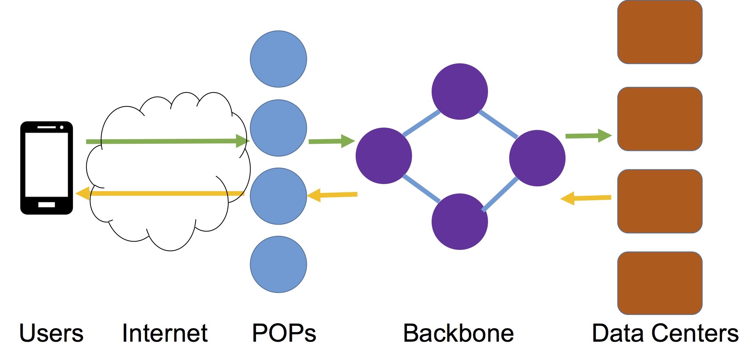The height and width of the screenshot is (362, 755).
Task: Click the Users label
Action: pos(51,333)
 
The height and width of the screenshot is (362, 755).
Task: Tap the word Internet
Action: pos(165,333)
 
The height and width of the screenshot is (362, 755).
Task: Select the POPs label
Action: pos(284,333)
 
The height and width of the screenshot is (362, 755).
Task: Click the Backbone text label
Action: pos(458,333)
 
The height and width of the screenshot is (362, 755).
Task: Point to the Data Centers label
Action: pos(665,333)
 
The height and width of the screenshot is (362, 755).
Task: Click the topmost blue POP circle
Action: pos(278,59)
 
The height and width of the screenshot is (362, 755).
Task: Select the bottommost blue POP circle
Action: pos(278,264)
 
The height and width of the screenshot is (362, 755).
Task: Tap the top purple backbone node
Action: pos(459,91)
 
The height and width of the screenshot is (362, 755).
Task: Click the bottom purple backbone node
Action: pos(459,222)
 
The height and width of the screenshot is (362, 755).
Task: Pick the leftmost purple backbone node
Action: pos(384,156)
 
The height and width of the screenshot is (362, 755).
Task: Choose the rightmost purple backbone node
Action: pos(537,158)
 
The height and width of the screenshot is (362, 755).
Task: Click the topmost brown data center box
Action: pos(660,32)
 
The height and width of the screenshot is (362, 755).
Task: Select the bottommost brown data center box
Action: pos(660,283)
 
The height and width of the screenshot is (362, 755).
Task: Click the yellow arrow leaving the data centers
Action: pos(587,198)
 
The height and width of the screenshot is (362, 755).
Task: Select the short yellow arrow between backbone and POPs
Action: pos(332,195)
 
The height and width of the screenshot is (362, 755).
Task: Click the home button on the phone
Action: pos(47,205)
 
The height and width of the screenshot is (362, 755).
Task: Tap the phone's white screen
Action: pos(47,164)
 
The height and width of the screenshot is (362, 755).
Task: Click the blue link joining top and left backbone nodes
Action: pos(421,123)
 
